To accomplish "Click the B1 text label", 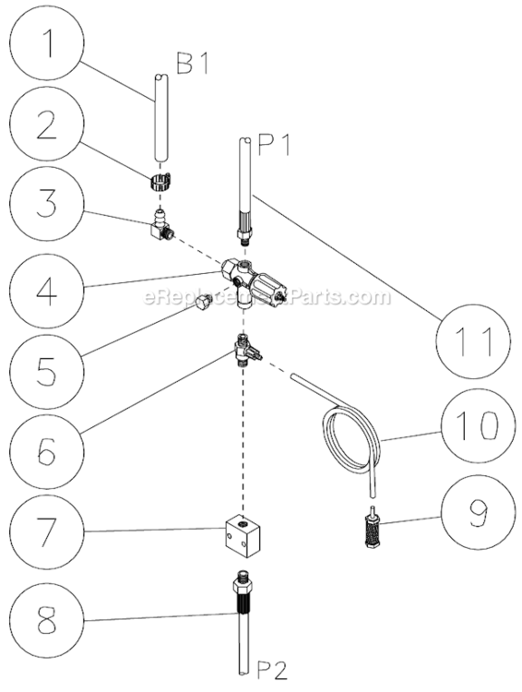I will (x=194, y=63).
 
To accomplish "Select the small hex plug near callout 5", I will (x=203, y=305).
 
